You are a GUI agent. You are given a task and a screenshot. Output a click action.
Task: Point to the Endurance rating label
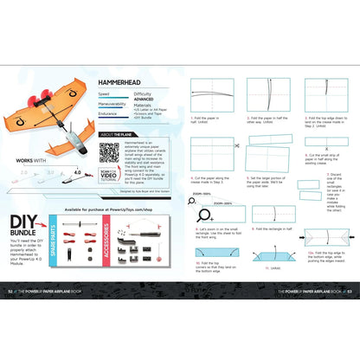108,112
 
